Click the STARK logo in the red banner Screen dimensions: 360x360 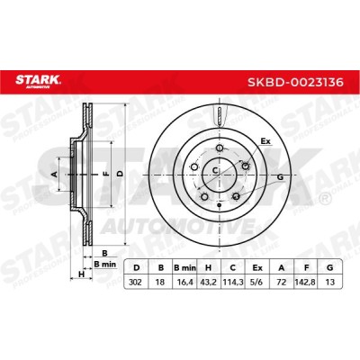tap(38, 81)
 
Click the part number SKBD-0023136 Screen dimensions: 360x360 tap(295, 82)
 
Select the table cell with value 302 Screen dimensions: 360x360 tap(136, 282)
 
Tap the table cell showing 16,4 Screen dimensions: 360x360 tap(184, 282)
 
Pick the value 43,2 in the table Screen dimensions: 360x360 tap(209, 282)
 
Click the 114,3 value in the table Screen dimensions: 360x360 tap(233, 282)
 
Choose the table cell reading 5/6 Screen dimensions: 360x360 tap(257, 282)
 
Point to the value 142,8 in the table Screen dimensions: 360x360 tap(306, 282)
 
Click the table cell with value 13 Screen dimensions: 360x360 tap(329, 282)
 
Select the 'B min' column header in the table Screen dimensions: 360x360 tap(184, 267)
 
